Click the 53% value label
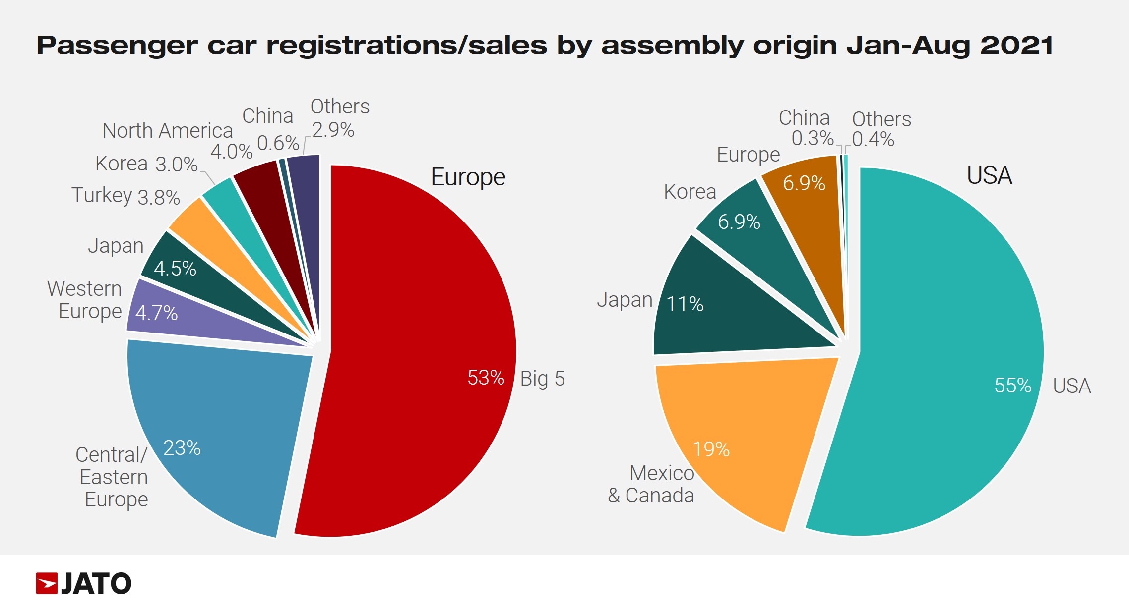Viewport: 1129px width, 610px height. (x=486, y=378)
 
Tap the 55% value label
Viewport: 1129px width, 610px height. (x=1012, y=386)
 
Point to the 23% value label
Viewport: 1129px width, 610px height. (x=182, y=448)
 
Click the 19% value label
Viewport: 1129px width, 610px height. (x=711, y=449)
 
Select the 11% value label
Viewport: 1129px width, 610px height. (x=685, y=304)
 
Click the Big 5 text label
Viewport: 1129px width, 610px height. (x=542, y=379)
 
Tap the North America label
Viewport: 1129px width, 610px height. (x=167, y=131)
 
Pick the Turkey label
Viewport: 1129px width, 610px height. (x=102, y=195)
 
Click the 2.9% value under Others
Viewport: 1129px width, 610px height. (x=333, y=130)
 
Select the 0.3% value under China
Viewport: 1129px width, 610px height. (x=812, y=138)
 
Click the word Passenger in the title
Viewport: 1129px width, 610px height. (x=117, y=46)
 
